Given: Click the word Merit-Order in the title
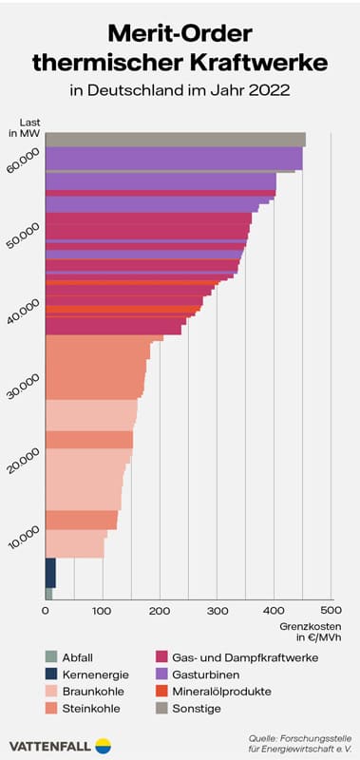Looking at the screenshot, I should pos(180,34).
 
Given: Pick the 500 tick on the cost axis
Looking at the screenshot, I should pos(331,610).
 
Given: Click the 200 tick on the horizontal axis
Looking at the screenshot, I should pos(160,610).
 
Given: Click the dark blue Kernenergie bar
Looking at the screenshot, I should pos(50,573).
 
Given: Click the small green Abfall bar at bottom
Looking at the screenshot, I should pos(48,594).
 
